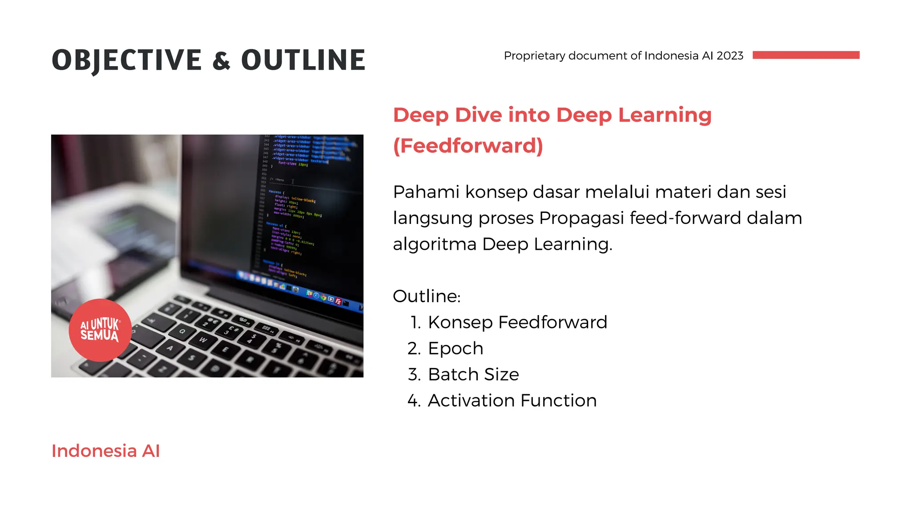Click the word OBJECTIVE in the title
(x=127, y=60)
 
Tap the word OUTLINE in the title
(x=303, y=60)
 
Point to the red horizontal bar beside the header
(x=806, y=55)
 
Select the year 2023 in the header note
(x=730, y=56)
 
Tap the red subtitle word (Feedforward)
(x=468, y=146)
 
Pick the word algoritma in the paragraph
(x=435, y=244)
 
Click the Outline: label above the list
(x=427, y=296)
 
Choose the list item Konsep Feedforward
(x=517, y=322)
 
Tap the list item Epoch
(x=455, y=348)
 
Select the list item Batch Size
(x=473, y=375)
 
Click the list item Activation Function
(x=512, y=401)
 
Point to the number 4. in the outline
(x=414, y=401)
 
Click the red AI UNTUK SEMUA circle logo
(x=100, y=330)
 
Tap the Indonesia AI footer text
(x=105, y=451)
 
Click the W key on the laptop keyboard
(x=203, y=340)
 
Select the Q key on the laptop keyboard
(x=182, y=332)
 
